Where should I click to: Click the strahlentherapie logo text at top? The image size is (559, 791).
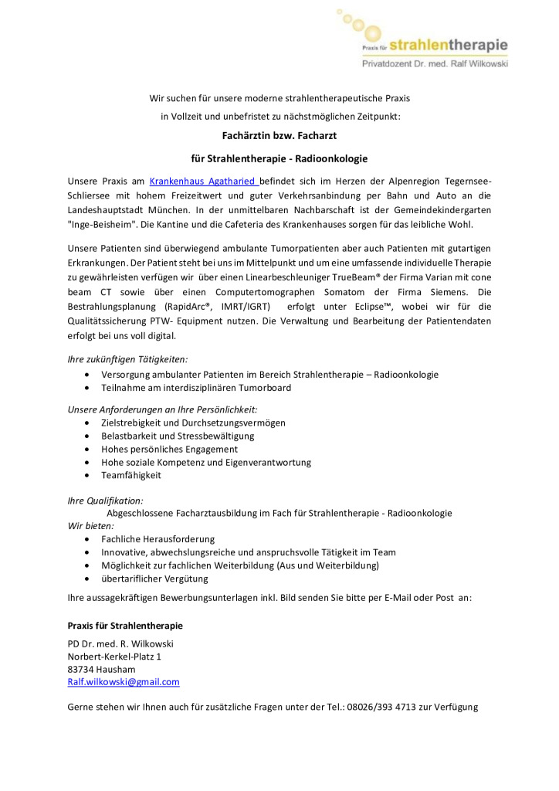[x=449, y=45]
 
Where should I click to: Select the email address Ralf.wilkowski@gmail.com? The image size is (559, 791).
[x=124, y=682]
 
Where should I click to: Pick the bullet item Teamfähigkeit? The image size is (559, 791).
[x=131, y=475]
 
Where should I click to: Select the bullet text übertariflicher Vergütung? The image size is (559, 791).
[x=154, y=579]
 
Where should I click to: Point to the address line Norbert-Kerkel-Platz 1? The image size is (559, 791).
[x=115, y=657]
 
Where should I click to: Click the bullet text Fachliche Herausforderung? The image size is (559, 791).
[x=158, y=538]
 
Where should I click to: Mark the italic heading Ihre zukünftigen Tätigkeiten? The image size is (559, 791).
[x=128, y=359]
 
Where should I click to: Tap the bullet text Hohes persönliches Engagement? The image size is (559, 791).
[x=169, y=449]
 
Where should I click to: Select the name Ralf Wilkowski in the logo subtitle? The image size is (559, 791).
[x=476, y=64]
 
